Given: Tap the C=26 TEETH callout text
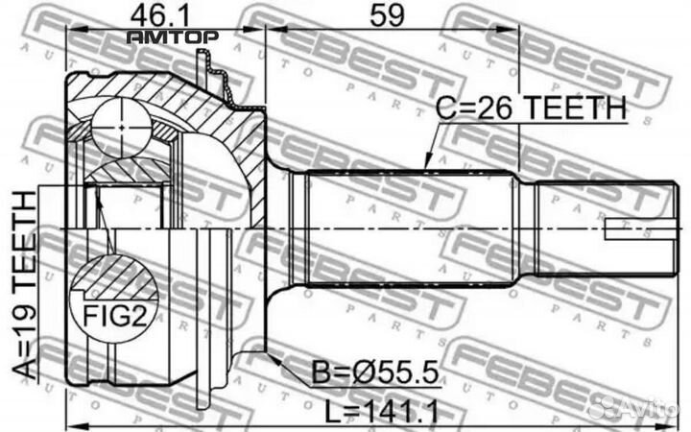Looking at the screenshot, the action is click(x=531, y=108).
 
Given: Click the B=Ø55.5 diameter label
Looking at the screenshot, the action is click(x=375, y=372).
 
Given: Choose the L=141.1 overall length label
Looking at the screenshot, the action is click(x=382, y=412).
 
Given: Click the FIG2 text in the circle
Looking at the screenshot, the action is click(x=114, y=316).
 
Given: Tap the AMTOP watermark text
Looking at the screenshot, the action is click(x=173, y=37).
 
